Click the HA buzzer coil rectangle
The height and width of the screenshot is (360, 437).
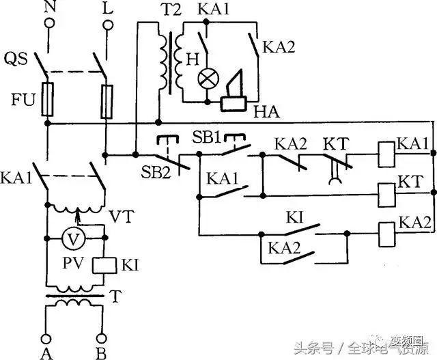coord(237,103)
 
